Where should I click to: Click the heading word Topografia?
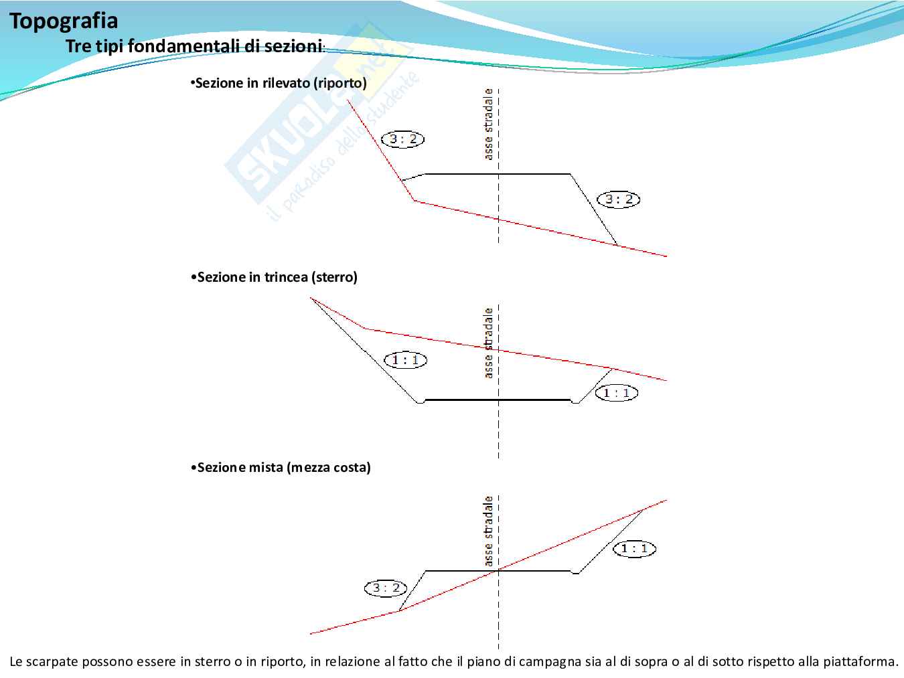[x=64, y=21]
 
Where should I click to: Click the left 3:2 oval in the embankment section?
[x=403, y=139]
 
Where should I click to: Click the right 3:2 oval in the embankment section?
[x=618, y=199]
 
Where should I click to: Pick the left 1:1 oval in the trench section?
[x=405, y=360]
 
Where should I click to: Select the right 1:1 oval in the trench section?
[x=616, y=393]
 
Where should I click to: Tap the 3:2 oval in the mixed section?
[x=386, y=588]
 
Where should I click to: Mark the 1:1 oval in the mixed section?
[x=634, y=549]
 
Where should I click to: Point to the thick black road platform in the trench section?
[x=499, y=400]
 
